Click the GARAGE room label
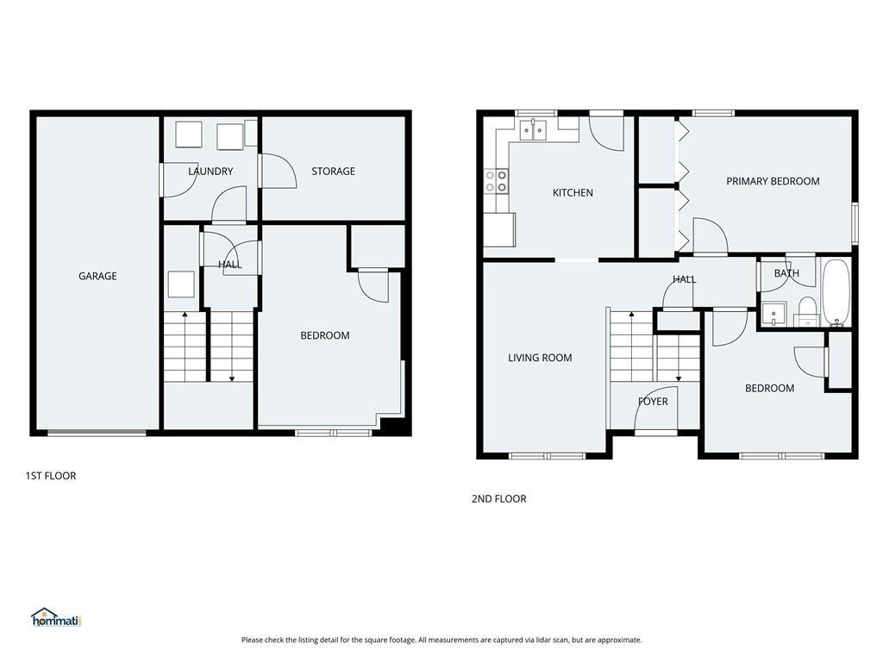97,276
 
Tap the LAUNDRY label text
210,172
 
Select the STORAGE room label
334,172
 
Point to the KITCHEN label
573,192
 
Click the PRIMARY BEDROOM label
773,181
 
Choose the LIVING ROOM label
540,358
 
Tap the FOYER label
653,402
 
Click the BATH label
786,273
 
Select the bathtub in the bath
836,292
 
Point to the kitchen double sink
533,130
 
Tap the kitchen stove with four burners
496,181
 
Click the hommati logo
56,617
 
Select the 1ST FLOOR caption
51,476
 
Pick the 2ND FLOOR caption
499,499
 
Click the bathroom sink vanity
773,314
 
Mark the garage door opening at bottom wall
97,433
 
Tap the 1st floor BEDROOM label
325,335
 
